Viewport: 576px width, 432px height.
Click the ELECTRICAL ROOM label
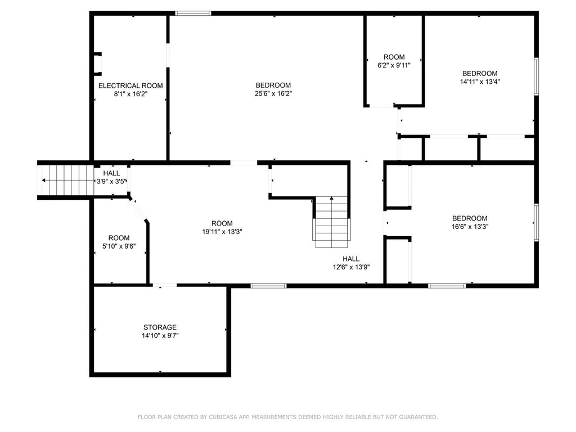pos(130,85)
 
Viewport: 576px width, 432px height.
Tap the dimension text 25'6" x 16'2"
pos(273,93)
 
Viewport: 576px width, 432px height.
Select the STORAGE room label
pos(160,327)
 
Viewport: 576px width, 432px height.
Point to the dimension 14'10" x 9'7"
pos(160,335)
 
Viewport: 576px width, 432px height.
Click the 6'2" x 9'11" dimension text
pos(394,65)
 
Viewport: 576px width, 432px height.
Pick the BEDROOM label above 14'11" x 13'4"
pos(480,74)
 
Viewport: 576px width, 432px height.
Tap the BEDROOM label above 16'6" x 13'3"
pos(470,218)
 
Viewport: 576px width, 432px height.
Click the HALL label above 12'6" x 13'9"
pos(351,259)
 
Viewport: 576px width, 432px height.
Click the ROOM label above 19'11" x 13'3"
pos(222,223)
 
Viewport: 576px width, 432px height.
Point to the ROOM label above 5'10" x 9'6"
pos(119,238)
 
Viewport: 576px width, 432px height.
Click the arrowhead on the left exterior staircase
pos(44,181)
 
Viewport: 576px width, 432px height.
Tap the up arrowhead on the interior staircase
pos(331,198)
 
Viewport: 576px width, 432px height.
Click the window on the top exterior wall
pos(193,13)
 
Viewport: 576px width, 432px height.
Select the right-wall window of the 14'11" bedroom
pos(536,76)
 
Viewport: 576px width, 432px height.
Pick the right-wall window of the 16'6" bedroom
pos(536,222)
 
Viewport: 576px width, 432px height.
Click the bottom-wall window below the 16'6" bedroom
pos(447,285)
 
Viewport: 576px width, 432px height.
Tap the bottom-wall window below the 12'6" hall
pos(268,285)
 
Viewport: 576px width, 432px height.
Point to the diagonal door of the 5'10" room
pos(138,210)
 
